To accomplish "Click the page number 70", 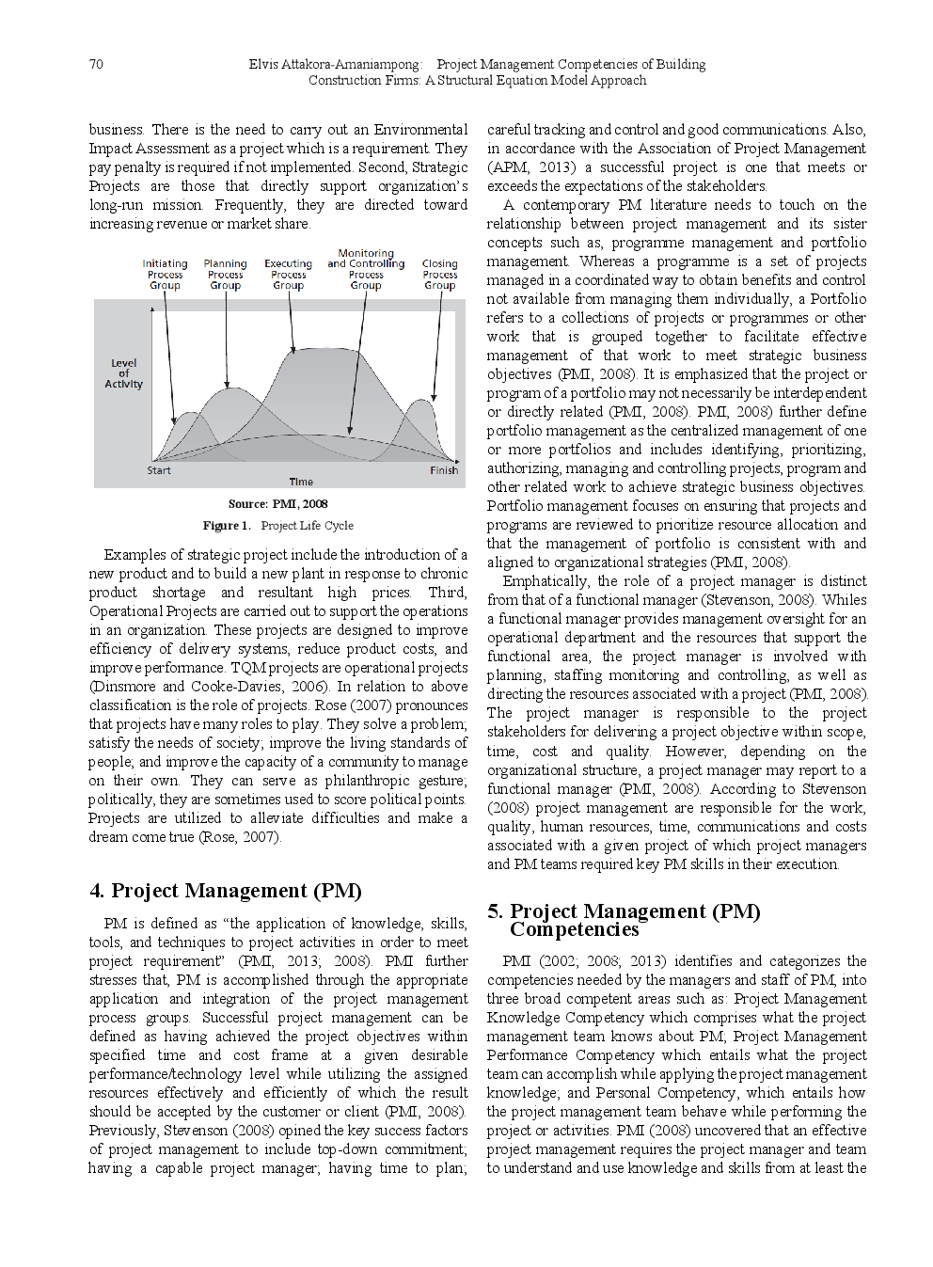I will click(x=96, y=64).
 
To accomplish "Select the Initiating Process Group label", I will click(x=165, y=275).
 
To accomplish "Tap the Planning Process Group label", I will click(x=226, y=275).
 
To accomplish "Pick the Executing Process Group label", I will click(x=288, y=275).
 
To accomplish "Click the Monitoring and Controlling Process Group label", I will click(x=366, y=269).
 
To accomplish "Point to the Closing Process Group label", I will click(x=439, y=275).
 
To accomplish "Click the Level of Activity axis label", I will click(x=124, y=373).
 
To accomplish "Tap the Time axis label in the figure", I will click(x=301, y=482).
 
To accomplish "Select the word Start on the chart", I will click(x=159, y=470).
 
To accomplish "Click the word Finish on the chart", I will click(x=444, y=470).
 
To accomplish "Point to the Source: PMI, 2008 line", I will click(x=277, y=503).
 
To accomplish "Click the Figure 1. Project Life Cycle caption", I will click(x=277, y=526).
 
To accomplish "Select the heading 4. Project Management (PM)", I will click(x=226, y=891).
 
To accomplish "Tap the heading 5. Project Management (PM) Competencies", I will click(x=624, y=920).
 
